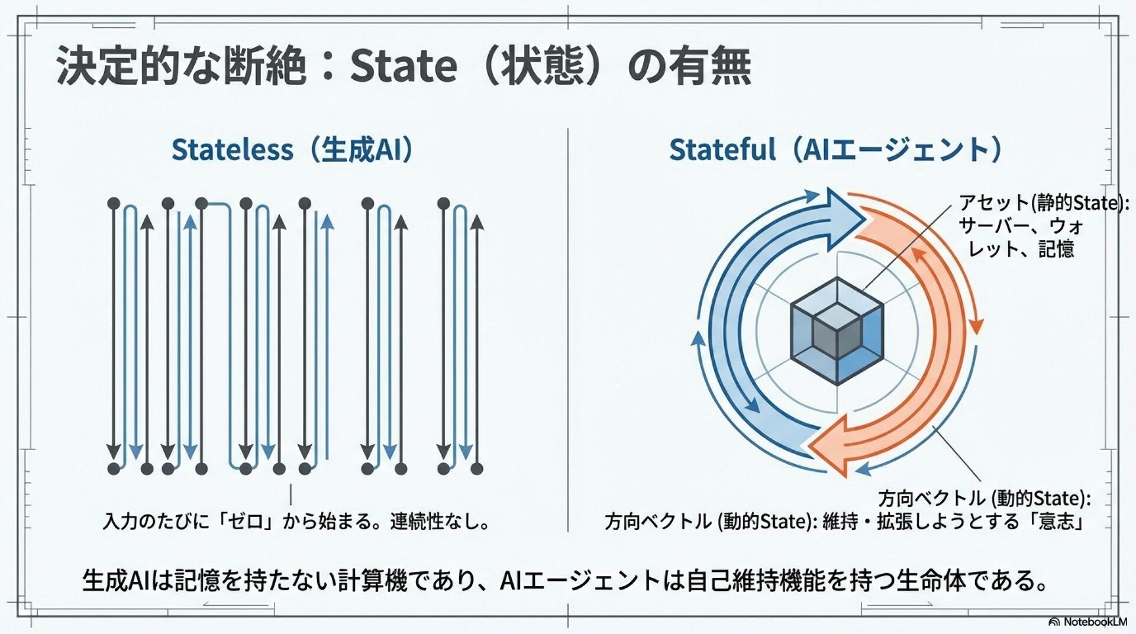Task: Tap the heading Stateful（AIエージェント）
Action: pos(835,150)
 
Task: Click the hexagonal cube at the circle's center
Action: pos(837,331)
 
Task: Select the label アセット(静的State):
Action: pos(1044,203)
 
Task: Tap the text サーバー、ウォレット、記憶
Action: pos(1021,237)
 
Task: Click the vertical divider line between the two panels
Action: pos(567,331)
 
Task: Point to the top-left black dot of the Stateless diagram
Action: pos(114,204)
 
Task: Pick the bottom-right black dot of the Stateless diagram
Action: pos(477,469)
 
